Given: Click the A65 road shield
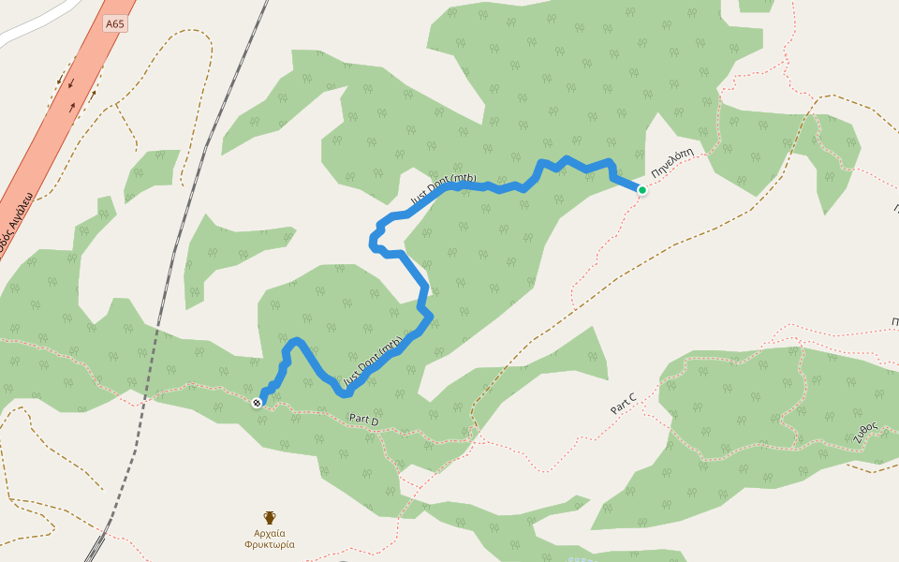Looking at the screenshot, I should point(114,23).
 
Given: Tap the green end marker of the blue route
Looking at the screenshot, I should point(642,190).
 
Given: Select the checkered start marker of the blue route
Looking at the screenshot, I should point(257,403).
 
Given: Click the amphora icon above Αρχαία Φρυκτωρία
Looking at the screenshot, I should point(270,517).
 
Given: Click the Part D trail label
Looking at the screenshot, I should point(363,421).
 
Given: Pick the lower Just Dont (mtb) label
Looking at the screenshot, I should point(374,362).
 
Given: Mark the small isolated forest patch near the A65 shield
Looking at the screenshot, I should point(150,174).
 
